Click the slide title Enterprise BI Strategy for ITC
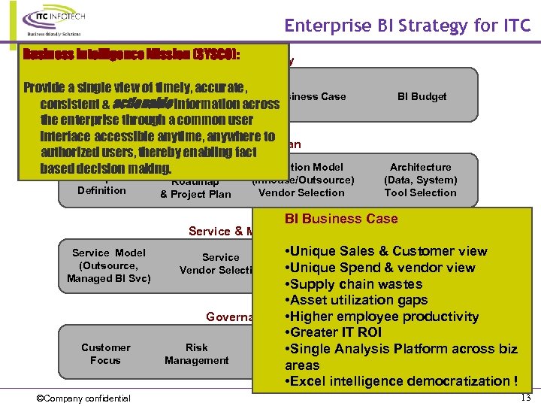click(407, 26)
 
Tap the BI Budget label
click(422, 96)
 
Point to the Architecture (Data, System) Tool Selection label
click(420, 180)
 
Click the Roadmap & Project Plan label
click(195, 188)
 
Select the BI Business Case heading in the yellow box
click(341, 219)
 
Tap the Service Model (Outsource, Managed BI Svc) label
click(109, 265)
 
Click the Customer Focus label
click(105, 354)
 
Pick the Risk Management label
click(196, 354)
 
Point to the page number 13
click(525, 397)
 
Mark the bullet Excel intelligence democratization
click(400, 381)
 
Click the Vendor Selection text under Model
click(301, 192)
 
